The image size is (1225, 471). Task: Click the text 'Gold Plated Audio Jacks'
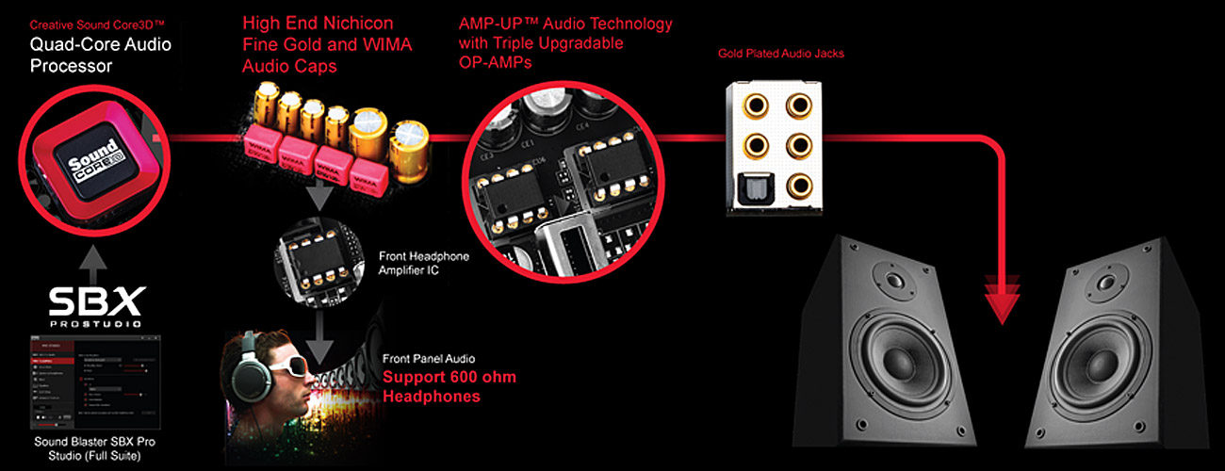780,55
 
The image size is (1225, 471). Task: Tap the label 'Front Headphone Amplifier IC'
423,263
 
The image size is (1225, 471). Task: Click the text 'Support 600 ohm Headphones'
449,387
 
